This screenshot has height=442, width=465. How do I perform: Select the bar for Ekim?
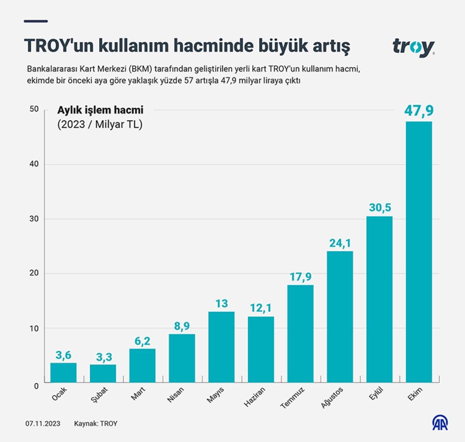coord(418,252)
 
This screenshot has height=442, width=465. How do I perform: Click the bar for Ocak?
coord(63,373)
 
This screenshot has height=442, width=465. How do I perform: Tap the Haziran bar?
coord(261,349)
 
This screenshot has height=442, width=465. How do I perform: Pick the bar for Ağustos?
coord(340,317)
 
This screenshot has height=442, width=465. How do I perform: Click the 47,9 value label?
coord(419,111)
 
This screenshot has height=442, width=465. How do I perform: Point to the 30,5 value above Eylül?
coord(380,208)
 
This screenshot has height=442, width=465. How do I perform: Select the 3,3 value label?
coord(103,357)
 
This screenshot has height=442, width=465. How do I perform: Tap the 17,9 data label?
coord(301,277)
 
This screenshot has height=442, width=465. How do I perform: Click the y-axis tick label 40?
coord(34,164)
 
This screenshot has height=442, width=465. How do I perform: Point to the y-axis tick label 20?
coord(34,273)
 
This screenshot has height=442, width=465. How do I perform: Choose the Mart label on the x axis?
coord(138,394)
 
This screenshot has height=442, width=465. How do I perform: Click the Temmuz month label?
coord(293,398)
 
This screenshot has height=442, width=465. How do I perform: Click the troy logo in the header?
coord(413,47)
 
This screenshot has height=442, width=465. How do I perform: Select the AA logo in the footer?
coord(440,423)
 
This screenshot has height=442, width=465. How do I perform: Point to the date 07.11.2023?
coord(43,423)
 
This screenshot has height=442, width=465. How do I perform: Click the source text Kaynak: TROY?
coord(96,423)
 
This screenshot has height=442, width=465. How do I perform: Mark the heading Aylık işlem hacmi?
coord(100,110)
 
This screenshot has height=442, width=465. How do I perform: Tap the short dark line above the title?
coord(36,21)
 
